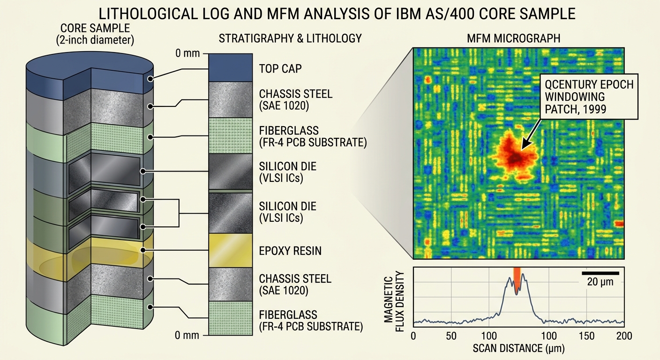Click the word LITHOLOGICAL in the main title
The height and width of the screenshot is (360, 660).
[147, 14]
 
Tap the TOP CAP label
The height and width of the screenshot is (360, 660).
[280, 68]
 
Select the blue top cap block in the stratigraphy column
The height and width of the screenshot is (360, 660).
[231, 67]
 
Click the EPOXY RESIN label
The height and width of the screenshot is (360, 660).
[290, 251]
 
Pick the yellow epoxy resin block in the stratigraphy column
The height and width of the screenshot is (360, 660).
[231, 250]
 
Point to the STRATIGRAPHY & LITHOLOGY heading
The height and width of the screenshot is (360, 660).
[290, 38]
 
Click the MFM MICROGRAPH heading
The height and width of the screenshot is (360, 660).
[514, 38]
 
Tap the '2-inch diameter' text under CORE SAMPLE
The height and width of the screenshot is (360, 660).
[95, 40]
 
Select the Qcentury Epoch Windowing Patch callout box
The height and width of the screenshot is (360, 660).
[589, 97]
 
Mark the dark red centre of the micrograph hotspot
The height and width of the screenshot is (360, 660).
[516, 158]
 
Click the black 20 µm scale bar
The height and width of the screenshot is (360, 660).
[600, 273]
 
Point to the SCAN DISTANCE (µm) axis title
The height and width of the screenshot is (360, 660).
[518, 348]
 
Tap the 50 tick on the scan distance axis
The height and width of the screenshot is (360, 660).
[451, 336]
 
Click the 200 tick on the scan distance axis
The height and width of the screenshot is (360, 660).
[624, 336]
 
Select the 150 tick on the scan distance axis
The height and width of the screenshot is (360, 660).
[586, 336]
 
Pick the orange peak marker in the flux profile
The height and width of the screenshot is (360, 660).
[517, 280]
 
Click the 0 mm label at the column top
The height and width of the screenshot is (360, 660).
[187, 53]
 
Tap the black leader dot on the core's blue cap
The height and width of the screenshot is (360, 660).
[150, 79]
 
